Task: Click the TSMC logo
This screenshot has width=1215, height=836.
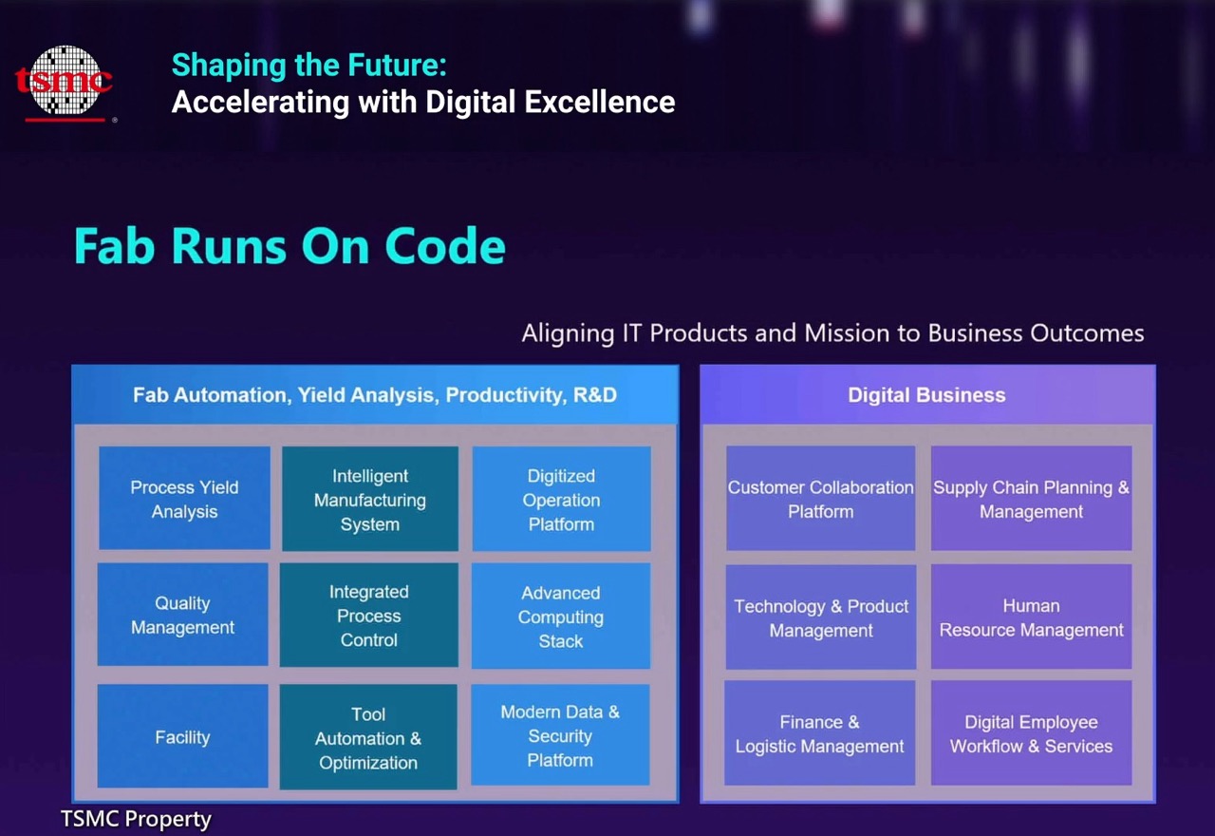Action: (64, 83)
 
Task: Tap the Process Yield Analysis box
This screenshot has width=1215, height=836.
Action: (184, 498)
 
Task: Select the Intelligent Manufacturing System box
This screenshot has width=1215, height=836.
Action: (370, 499)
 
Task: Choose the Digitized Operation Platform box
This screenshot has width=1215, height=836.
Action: (561, 499)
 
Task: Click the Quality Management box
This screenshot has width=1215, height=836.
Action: (183, 615)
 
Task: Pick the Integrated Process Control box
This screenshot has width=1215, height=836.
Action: (369, 615)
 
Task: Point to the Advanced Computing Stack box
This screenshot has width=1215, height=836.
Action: (561, 617)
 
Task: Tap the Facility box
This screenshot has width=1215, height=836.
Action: (183, 736)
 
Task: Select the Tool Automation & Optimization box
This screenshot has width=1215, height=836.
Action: (368, 737)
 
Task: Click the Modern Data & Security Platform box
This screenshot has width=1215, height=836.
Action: (560, 735)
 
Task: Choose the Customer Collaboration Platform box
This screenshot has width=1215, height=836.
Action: (821, 499)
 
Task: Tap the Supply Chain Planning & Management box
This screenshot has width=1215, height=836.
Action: (1032, 499)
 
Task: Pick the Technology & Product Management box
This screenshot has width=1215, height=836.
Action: (821, 617)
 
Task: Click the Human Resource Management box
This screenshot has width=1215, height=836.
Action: (1032, 617)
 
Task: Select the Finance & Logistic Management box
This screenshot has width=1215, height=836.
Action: (819, 732)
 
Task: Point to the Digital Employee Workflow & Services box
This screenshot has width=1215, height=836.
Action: (1032, 732)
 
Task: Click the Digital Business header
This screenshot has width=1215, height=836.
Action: (927, 394)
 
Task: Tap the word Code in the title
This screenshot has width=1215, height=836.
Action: (445, 246)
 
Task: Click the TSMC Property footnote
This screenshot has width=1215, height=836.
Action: (136, 819)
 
